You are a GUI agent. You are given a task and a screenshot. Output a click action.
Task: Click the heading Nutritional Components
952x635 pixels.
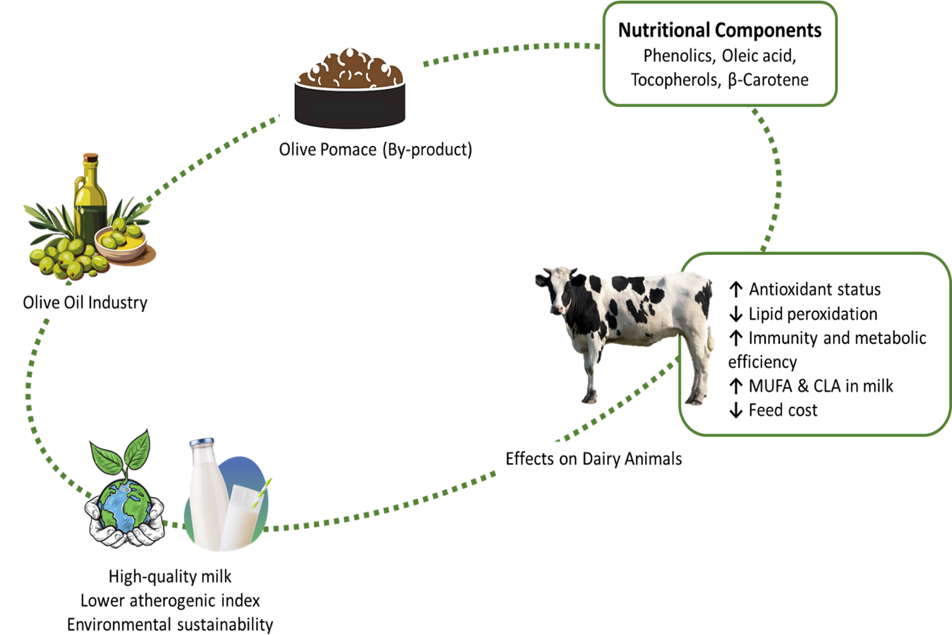(x=719, y=30)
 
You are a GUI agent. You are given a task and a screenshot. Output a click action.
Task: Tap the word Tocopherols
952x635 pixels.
(x=675, y=80)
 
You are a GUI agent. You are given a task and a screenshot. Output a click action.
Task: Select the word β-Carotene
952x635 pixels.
(x=768, y=80)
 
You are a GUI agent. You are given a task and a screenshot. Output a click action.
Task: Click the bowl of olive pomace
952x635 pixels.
(x=350, y=90)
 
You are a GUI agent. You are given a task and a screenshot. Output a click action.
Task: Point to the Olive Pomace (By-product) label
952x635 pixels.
(x=375, y=149)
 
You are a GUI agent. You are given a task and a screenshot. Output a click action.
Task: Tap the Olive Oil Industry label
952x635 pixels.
(x=85, y=302)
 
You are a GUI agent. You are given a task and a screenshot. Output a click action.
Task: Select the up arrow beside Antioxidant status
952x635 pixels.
(x=736, y=290)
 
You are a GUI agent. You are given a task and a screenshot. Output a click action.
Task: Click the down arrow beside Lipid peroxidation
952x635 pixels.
(x=736, y=314)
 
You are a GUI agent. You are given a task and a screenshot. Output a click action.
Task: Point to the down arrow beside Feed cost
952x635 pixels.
(x=736, y=410)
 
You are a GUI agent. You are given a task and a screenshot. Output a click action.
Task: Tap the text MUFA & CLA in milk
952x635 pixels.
(x=820, y=386)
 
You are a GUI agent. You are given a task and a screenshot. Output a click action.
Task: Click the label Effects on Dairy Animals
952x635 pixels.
(x=593, y=459)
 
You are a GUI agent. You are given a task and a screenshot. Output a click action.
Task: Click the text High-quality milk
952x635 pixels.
(x=170, y=577)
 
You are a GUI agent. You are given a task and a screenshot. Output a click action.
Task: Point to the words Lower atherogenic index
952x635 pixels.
(x=170, y=601)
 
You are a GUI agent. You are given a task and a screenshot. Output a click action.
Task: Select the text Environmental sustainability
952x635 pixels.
(x=170, y=625)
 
